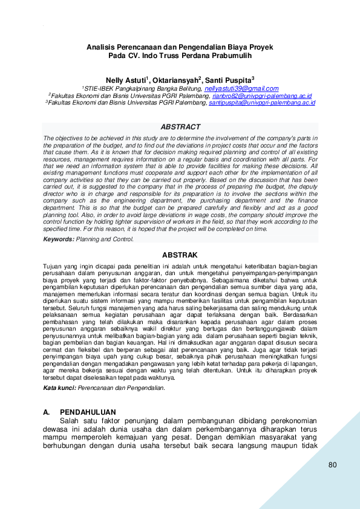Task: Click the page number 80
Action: point(332,465)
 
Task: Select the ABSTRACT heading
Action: point(180,127)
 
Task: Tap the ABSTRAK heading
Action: point(180,255)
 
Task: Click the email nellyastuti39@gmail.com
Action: point(241,88)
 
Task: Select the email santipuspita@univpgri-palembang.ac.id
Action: point(262,103)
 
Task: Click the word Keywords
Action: point(58,239)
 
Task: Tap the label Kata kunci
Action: point(59,371)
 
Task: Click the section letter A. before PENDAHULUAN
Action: point(47,412)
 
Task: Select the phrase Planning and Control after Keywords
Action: point(105,239)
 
